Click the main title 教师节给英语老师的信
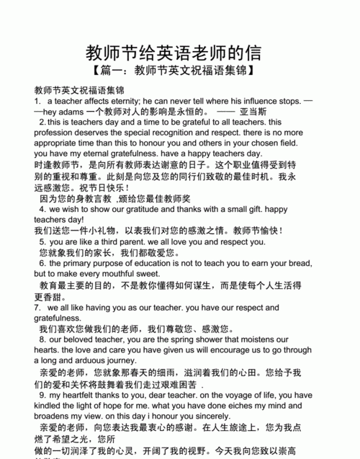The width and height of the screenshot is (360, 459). click(x=174, y=53)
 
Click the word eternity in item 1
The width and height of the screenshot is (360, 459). click(x=107, y=102)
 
